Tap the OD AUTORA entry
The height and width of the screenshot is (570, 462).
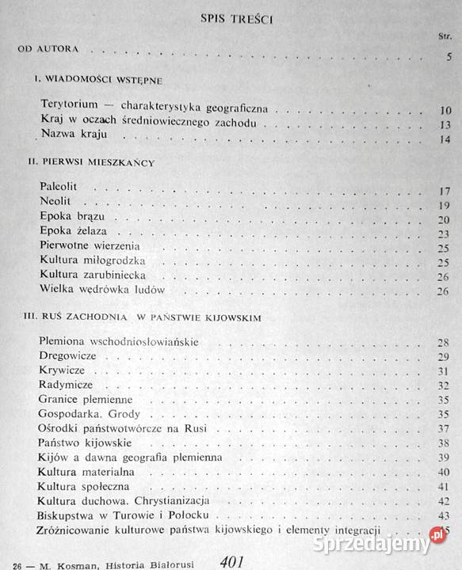[49, 49]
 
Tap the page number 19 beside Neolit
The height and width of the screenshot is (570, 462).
[445, 204]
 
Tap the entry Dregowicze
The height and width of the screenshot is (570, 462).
[67, 355]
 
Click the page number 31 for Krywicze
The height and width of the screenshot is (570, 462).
[445, 370]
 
